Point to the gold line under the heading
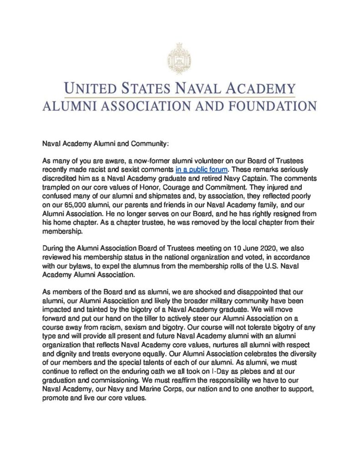coord(180,97)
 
